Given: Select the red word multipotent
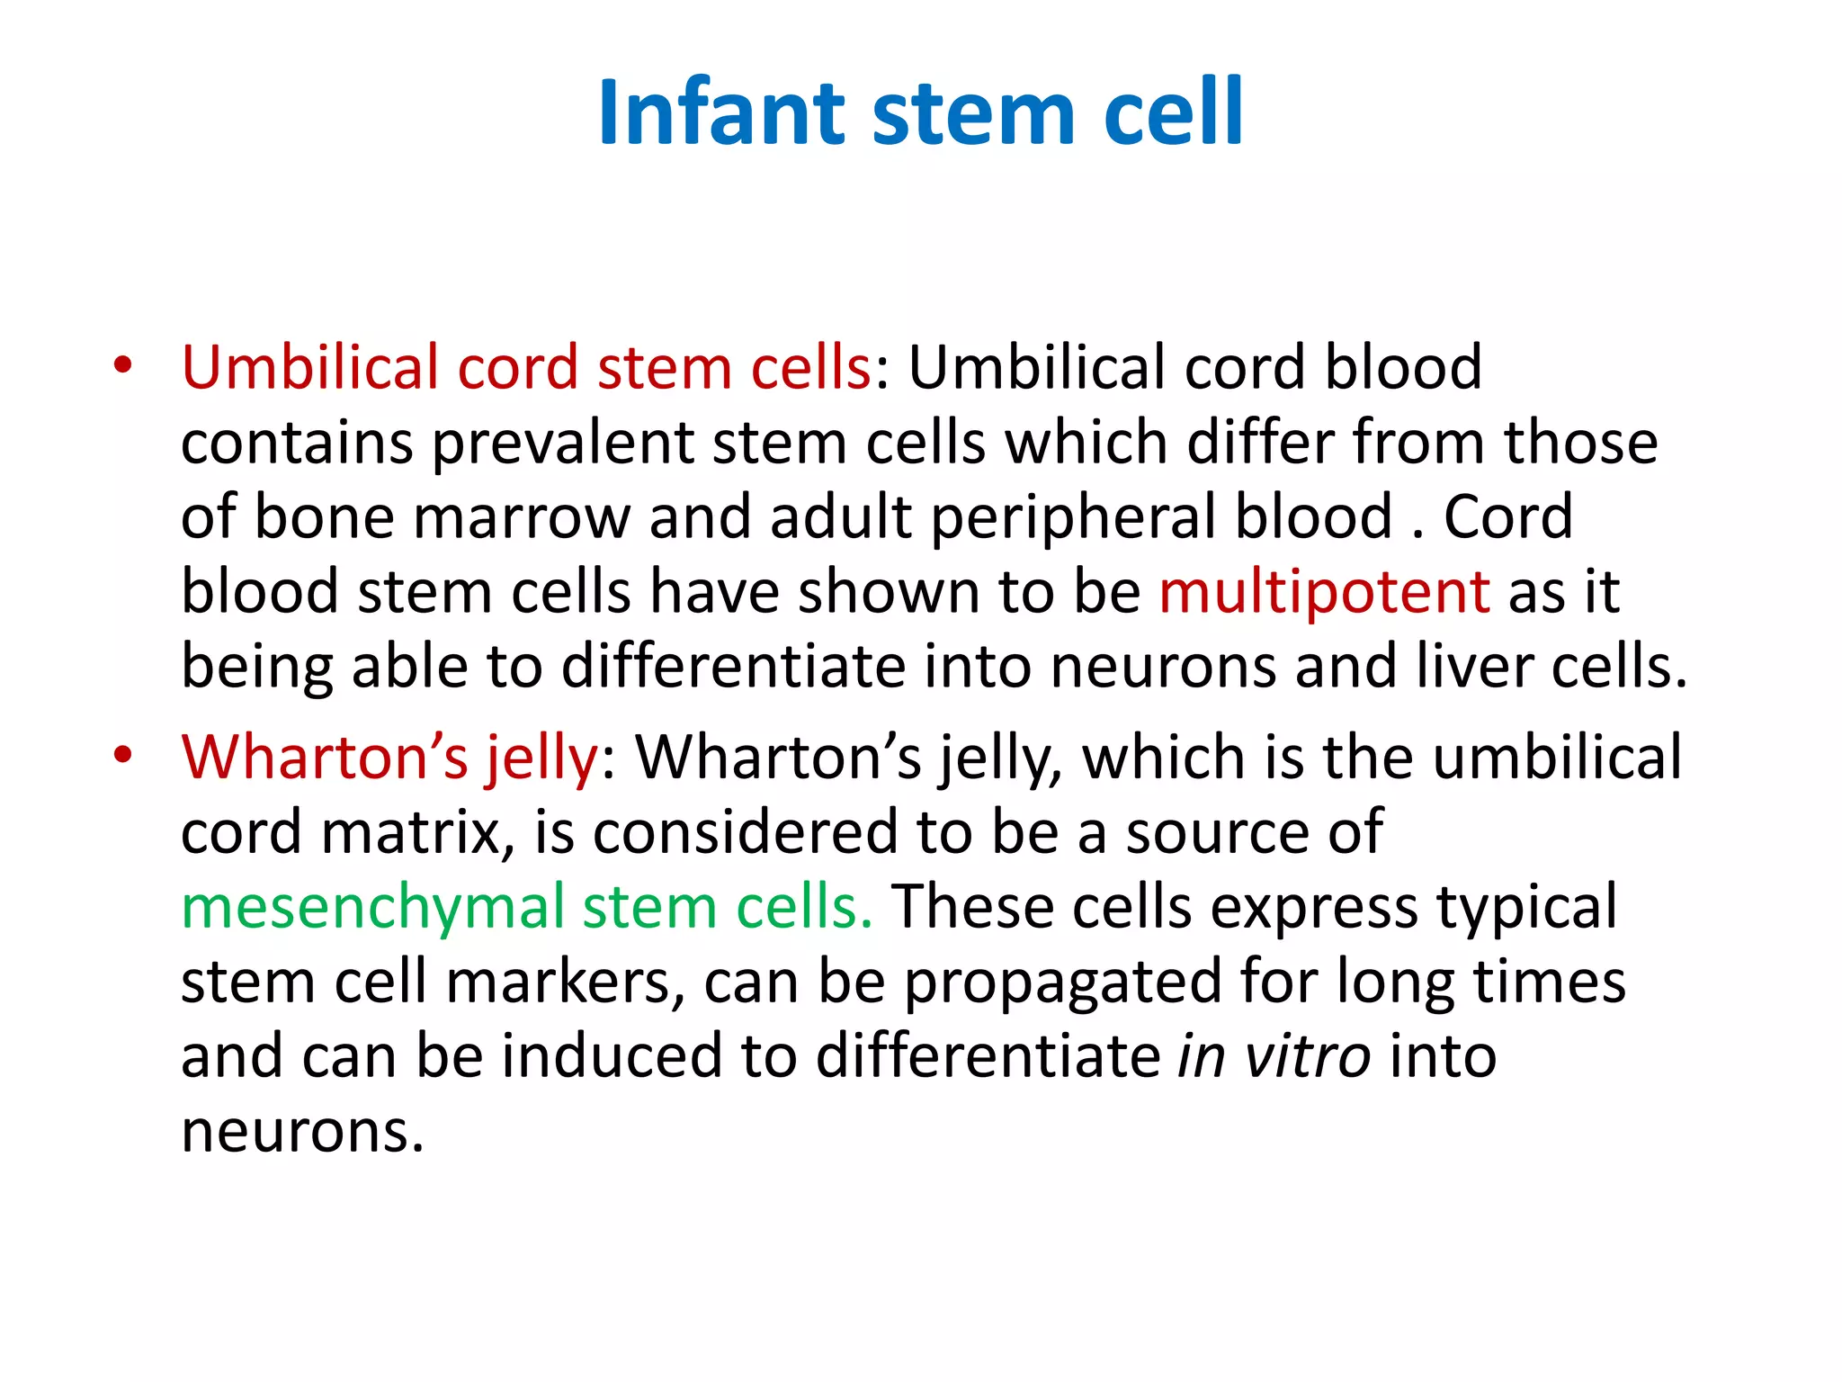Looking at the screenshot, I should (1324, 592).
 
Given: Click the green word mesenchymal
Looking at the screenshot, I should (372, 907).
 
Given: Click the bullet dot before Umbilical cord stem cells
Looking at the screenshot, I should (123, 366).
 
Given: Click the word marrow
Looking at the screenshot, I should (522, 517).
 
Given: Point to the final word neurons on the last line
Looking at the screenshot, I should (301, 1131).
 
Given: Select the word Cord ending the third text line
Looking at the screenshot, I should (1508, 517).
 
